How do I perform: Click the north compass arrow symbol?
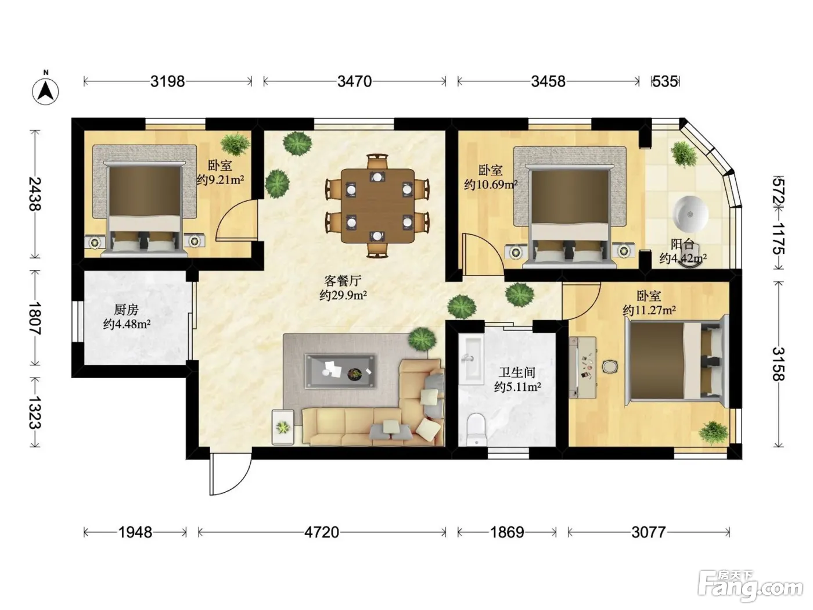pyautogui.click(x=45, y=91)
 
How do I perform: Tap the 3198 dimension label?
pyautogui.click(x=167, y=81)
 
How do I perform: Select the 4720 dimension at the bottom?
pyautogui.click(x=322, y=533)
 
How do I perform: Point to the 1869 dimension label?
pyautogui.click(x=507, y=533)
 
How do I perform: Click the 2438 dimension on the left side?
pyautogui.click(x=35, y=193)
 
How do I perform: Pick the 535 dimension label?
pyautogui.click(x=665, y=81)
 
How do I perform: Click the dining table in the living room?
pyautogui.click(x=378, y=206)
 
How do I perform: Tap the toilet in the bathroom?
pyautogui.click(x=476, y=430)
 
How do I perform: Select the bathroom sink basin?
pyautogui.click(x=471, y=359)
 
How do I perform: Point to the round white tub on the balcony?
pyautogui.click(x=691, y=214)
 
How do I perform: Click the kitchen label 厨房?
pyautogui.click(x=126, y=310)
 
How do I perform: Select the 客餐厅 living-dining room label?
pyautogui.click(x=343, y=281)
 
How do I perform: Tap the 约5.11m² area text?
pyautogui.click(x=517, y=387)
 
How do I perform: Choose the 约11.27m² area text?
pyautogui.click(x=649, y=310)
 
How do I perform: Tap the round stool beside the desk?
pyautogui.click(x=609, y=367)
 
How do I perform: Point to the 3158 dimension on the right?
pyautogui.click(x=779, y=364)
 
